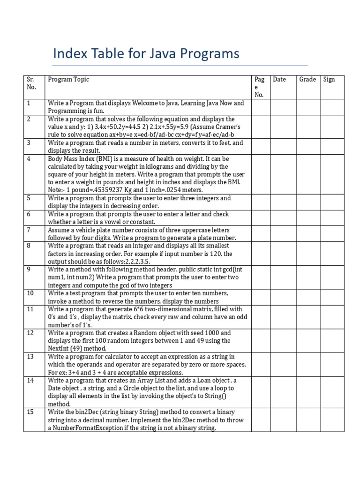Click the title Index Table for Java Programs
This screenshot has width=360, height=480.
point(146,54)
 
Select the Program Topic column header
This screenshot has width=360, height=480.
point(68,80)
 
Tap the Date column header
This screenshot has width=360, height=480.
point(279,80)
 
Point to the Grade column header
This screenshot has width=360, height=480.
point(307,80)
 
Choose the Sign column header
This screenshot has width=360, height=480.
point(329,80)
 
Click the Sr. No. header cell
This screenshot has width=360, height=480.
point(31,83)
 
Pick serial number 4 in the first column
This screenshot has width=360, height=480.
point(29,159)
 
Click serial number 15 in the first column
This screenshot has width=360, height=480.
point(30,412)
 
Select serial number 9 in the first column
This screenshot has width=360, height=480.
point(29,270)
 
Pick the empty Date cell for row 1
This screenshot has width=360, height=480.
point(284,107)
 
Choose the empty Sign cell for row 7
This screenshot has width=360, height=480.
point(332,233)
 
